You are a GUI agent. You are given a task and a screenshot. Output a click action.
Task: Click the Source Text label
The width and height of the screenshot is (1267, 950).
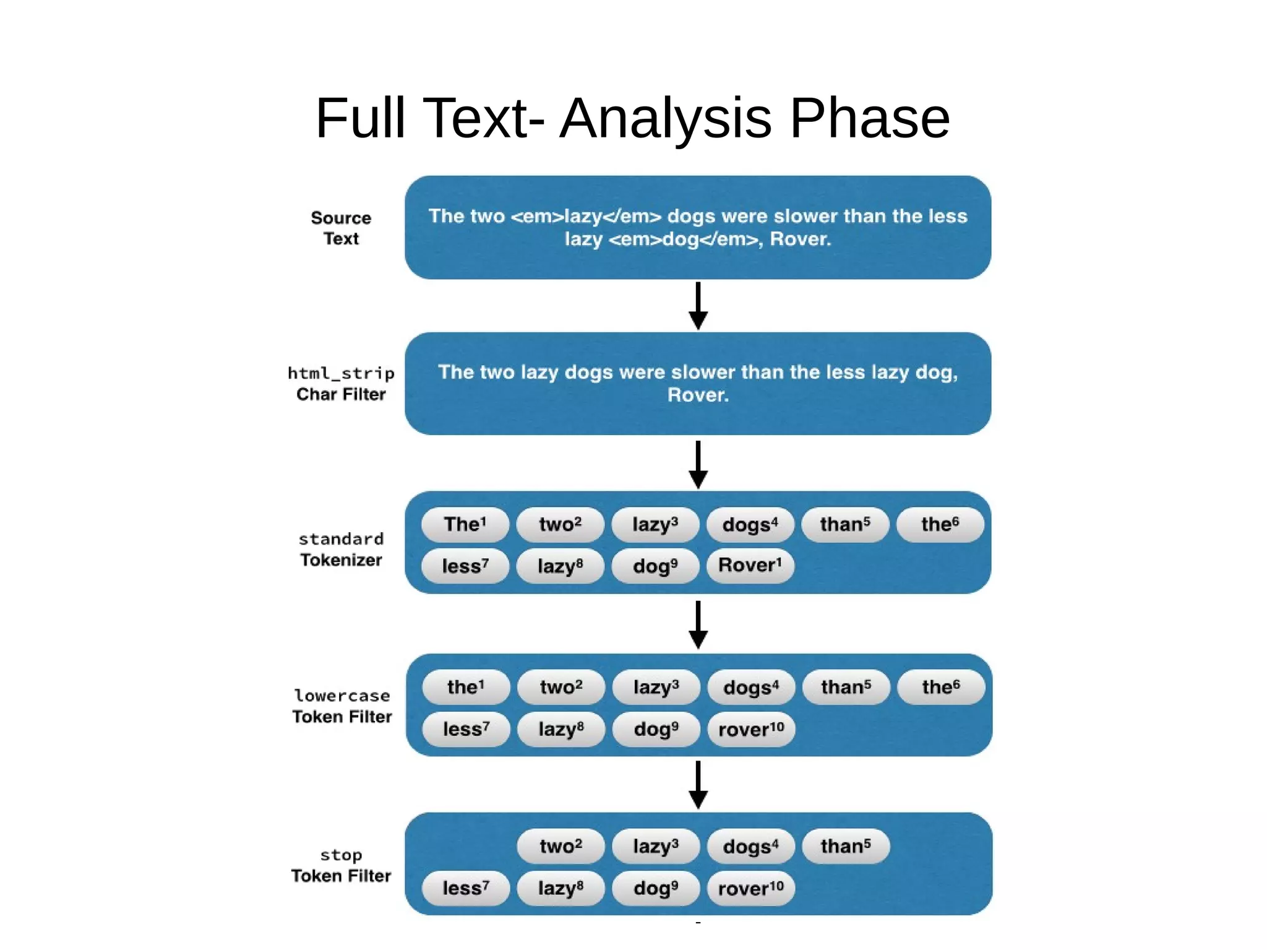tap(341, 228)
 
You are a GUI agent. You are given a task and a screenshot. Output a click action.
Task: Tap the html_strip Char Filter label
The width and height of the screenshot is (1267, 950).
tap(341, 384)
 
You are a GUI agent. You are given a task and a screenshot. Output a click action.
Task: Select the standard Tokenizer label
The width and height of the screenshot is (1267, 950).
tap(341, 549)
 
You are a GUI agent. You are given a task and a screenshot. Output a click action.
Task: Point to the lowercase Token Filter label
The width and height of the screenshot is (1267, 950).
tap(341, 706)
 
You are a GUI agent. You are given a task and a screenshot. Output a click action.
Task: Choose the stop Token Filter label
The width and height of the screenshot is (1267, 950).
tap(341, 865)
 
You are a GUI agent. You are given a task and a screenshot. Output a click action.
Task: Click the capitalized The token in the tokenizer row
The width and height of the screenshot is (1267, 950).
tap(465, 524)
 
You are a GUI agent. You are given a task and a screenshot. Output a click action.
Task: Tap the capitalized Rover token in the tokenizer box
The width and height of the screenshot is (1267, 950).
tap(750, 565)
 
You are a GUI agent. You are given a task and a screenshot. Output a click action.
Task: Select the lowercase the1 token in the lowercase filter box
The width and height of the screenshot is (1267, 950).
tap(466, 687)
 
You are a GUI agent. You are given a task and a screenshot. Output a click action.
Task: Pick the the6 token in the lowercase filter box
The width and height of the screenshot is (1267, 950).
tap(940, 687)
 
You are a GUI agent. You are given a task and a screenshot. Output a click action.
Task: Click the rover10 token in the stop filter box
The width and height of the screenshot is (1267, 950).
tap(750, 888)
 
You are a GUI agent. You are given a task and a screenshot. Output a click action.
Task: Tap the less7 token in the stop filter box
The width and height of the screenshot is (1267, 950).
tap(465, 888)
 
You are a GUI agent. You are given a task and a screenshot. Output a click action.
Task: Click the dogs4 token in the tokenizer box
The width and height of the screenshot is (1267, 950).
tap(750, 524)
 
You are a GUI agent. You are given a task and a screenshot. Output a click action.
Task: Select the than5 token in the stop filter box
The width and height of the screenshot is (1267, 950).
tap(845, 846)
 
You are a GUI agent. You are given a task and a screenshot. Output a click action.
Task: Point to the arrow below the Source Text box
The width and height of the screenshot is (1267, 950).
tap(698, 306)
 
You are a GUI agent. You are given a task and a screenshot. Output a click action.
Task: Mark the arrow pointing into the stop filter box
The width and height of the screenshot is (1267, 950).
tap(698, 784)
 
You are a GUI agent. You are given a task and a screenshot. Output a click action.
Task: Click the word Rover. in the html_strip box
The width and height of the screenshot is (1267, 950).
tap(698, 395)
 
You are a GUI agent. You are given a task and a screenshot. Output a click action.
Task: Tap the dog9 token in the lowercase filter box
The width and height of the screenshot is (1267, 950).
tap(656, 729)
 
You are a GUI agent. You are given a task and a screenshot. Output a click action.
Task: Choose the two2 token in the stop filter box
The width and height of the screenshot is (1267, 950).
tap(560, 846)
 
